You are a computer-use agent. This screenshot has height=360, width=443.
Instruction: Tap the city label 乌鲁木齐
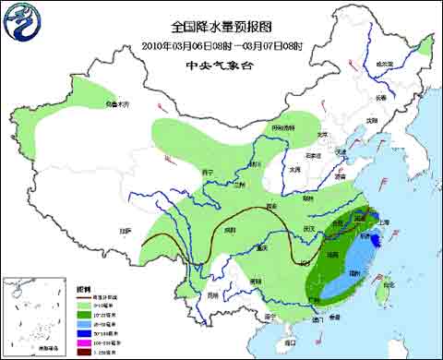point(114,102)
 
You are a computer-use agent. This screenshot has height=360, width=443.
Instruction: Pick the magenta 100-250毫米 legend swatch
point(82,338)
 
